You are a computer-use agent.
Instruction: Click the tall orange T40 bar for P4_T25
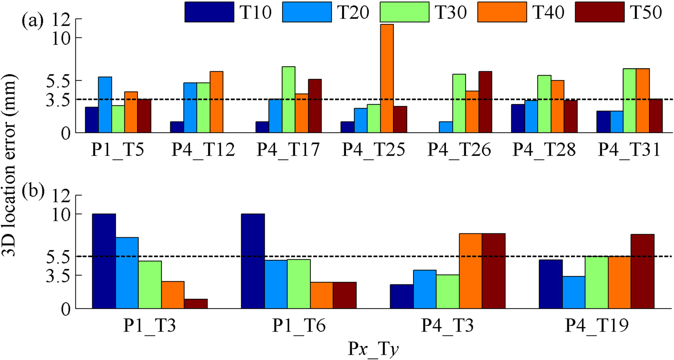tap(387, 78)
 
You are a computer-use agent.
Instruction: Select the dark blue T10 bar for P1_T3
tap(104, 261)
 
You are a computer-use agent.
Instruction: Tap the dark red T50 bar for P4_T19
tap(642, 271)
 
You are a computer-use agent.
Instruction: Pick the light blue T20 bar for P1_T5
tap(105, 105)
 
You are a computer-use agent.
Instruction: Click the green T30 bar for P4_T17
tap(288, 99)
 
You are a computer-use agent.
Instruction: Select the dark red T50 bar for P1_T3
tap(196, 304)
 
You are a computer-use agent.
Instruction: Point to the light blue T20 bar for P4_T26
tap(446, 127)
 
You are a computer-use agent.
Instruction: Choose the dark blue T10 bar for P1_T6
tap(253, 261)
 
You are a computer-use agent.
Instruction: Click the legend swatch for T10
tap(209, 12)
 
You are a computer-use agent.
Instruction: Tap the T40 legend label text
tap(548, 13)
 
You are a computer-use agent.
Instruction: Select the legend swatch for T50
tap(600, 12)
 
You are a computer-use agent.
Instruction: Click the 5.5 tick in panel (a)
tap(58, 81)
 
